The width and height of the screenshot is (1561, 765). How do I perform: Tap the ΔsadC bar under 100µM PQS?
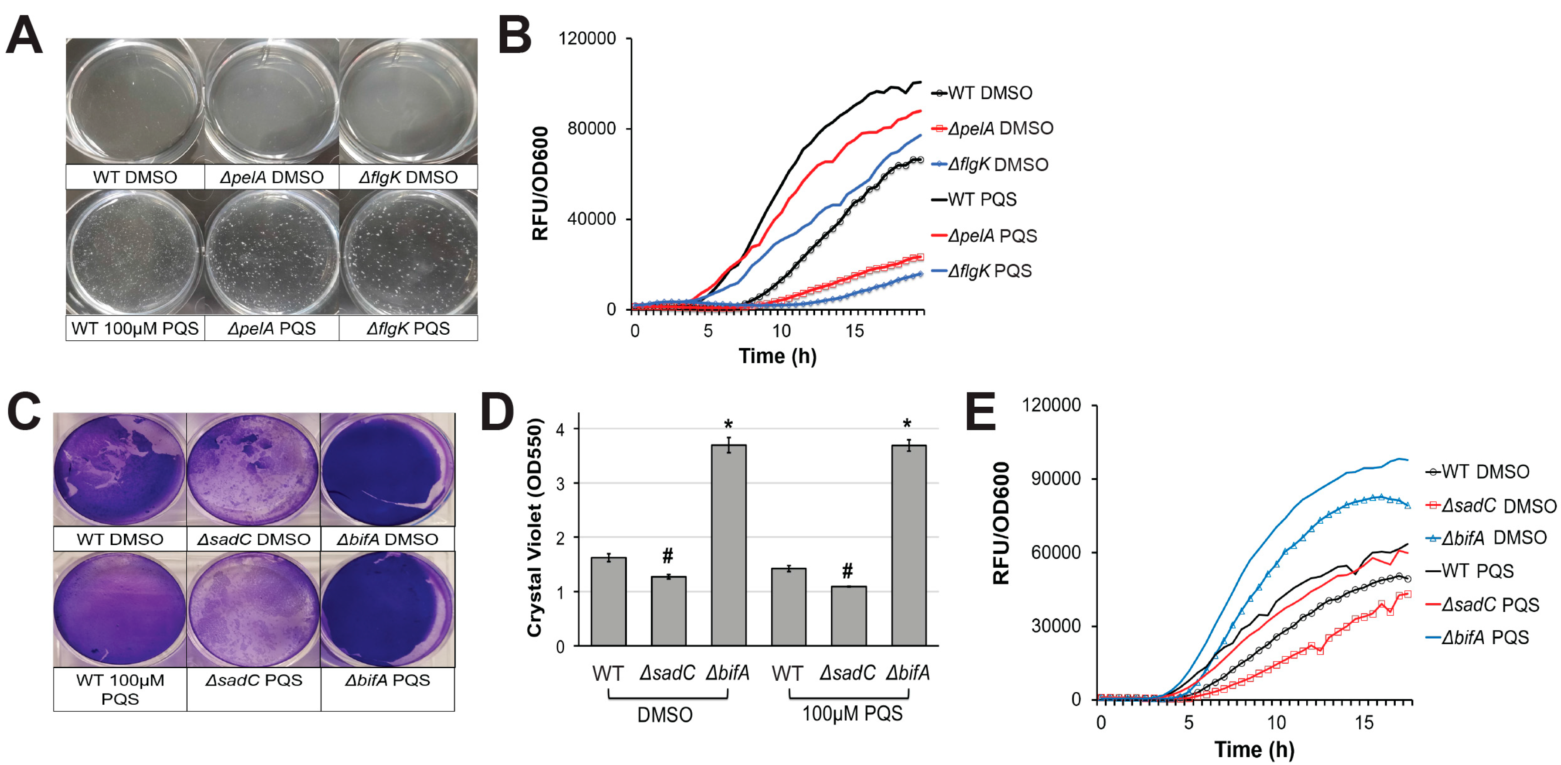(x=848, y=615)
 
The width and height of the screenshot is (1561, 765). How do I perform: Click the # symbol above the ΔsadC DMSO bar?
(x=667, y=555)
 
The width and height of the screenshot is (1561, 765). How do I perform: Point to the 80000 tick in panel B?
(x=591, y=128)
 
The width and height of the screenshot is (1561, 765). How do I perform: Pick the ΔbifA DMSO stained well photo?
(x=387, y=469)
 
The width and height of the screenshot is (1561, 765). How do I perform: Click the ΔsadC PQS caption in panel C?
(x=253, y=680)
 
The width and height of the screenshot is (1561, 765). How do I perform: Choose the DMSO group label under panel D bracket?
(x=665, y=715)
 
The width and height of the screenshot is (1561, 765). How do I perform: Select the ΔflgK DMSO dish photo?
(x=408, y=101)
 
